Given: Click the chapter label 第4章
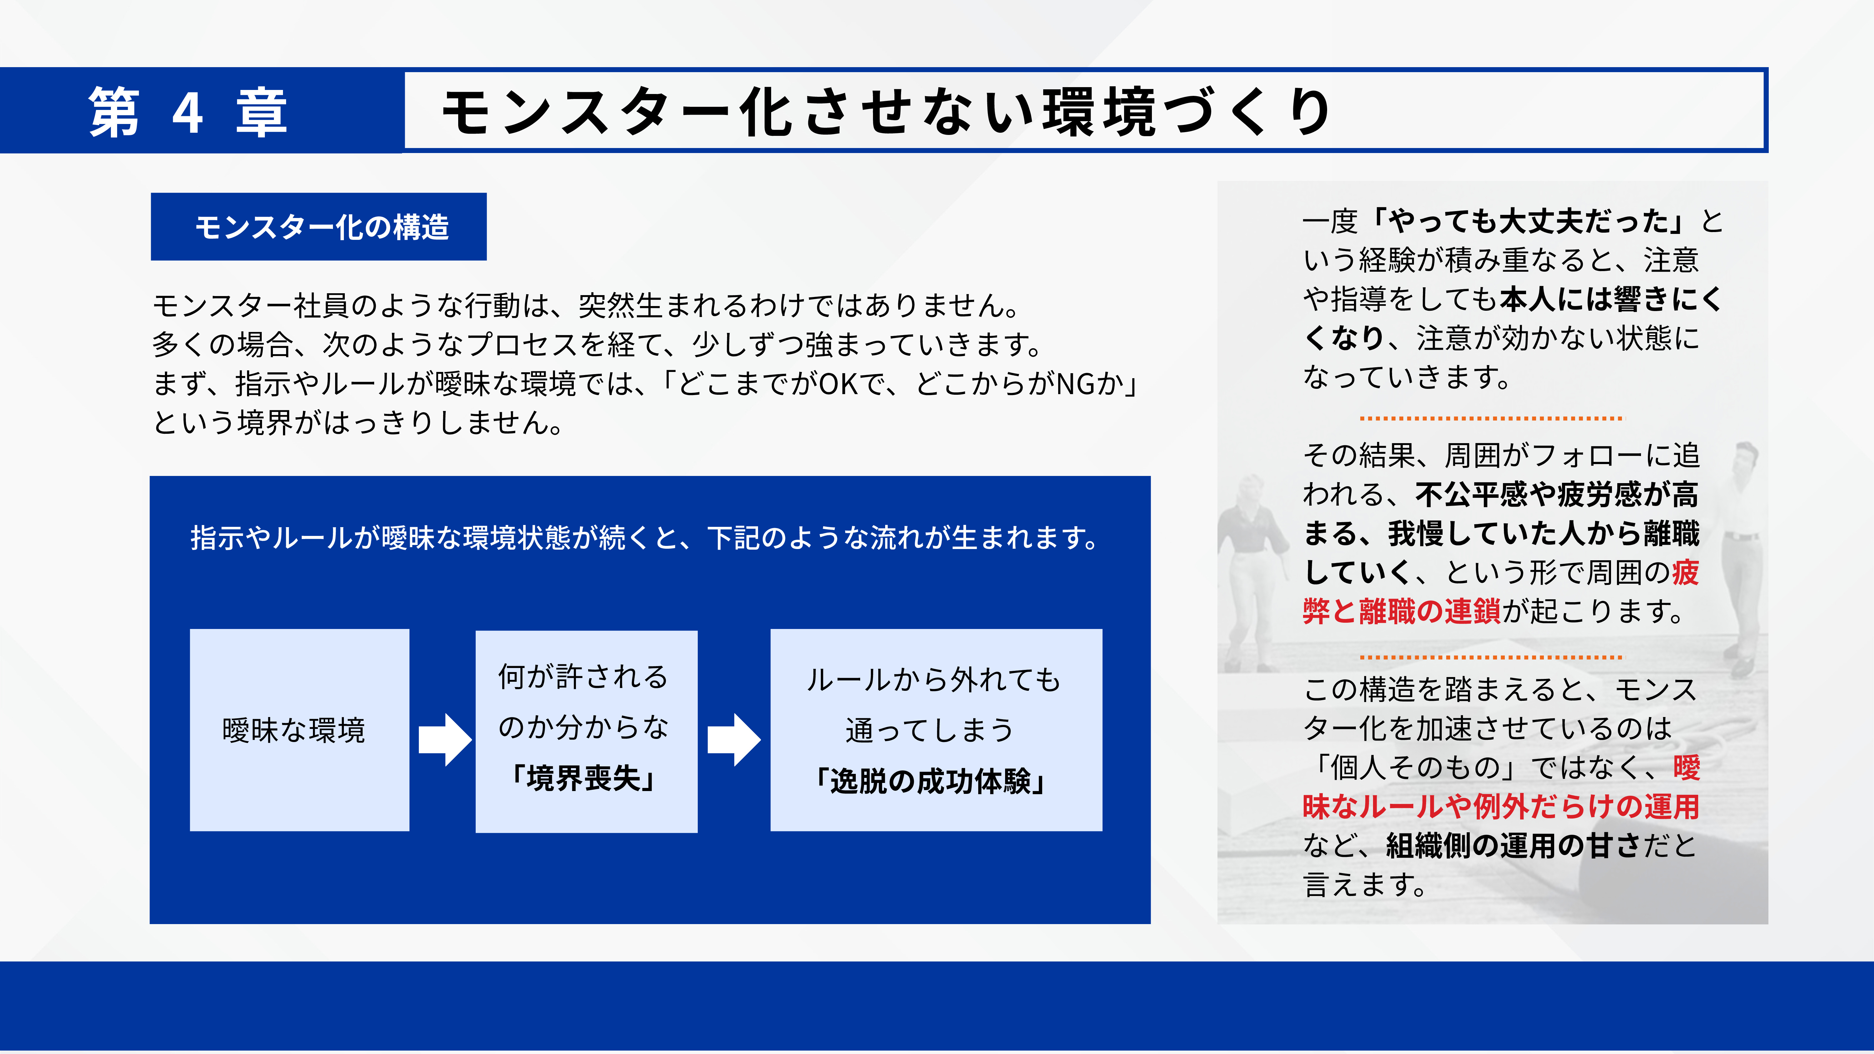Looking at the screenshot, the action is (188, 112).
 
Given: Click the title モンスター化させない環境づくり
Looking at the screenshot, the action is (886, 112).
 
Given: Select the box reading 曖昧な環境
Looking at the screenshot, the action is (300, 730).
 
